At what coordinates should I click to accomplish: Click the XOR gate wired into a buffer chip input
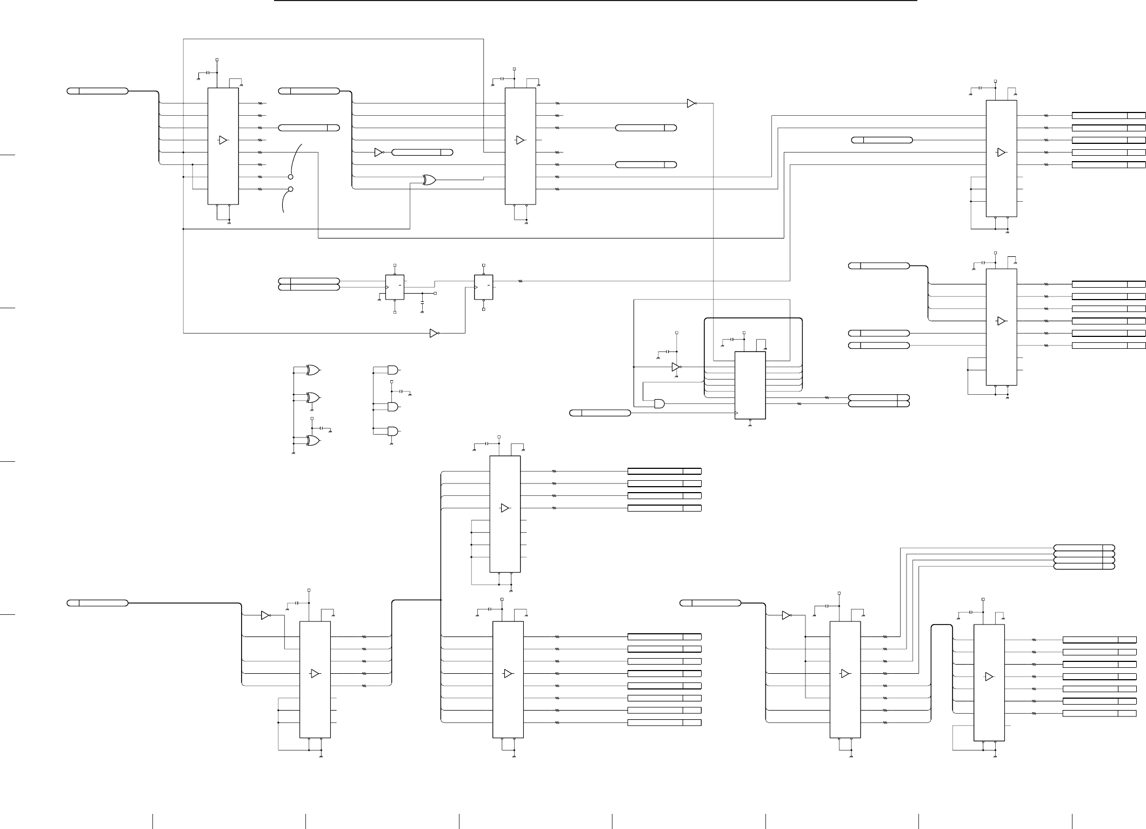[429, 180]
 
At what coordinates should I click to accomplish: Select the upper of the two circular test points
[291, 177]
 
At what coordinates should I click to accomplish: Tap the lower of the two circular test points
[291, 189]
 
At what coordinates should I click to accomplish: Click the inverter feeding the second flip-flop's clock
[434, 333]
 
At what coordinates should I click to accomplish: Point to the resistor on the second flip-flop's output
[521, 281]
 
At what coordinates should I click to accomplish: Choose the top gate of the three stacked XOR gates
[312, 370]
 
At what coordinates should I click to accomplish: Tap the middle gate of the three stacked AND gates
[392, 407]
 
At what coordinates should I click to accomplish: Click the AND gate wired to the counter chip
[659, 403]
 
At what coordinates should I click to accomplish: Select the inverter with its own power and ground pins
[676, 367]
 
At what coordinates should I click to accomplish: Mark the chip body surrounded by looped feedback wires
[750, 385]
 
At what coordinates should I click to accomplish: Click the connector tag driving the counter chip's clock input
[600, 413]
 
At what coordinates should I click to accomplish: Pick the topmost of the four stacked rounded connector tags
[1084, 548]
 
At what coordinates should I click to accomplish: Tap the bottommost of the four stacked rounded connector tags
[1084, 566]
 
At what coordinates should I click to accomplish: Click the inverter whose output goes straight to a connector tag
[378, 152]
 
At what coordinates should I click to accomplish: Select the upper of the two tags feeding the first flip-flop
[309, 281]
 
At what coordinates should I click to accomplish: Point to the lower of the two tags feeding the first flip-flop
[309, 287]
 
